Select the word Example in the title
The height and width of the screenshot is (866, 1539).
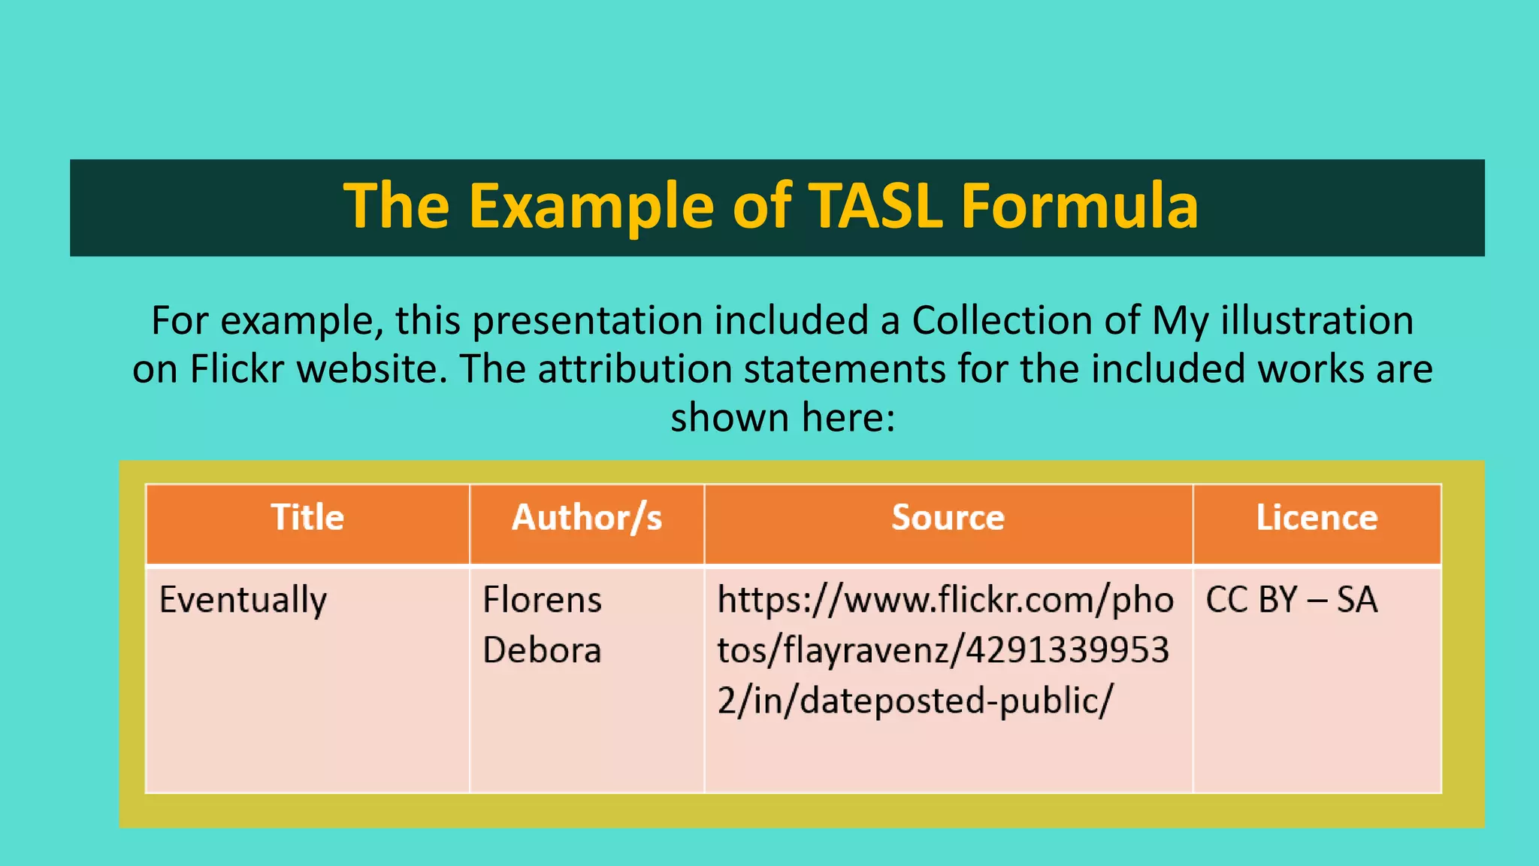coord(592,207)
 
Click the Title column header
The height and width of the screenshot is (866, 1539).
coord(307,518)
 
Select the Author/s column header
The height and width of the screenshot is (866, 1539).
coord(587,518)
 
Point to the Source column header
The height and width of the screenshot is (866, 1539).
coord(948,518)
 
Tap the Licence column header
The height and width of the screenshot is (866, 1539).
coord(1317,518)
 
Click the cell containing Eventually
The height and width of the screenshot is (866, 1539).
coord(243,601)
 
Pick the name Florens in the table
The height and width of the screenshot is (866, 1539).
coord(542,601)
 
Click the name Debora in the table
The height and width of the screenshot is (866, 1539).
coord(542,650)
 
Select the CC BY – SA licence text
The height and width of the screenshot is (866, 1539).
coord(1291,601)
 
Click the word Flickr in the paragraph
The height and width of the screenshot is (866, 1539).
coord(237,369)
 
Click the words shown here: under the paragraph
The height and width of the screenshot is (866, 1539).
coord(782,417)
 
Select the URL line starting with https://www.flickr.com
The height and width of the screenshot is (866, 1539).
coord(945,601)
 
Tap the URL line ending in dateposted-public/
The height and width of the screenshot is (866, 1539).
coord(915,701)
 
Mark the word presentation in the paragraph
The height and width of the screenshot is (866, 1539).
coord(586,321)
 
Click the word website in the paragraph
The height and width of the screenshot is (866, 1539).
coord(371,369)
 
